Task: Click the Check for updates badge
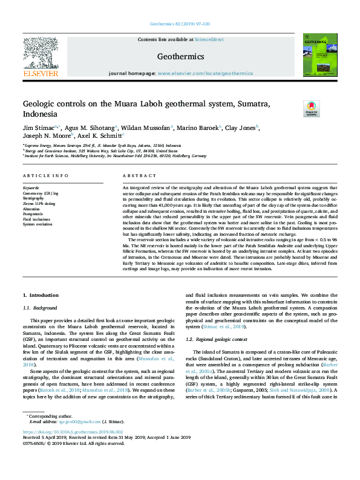311,109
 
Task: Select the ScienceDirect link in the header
209,39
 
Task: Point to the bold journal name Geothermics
180,56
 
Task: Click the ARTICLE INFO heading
45,176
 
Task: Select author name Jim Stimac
38,128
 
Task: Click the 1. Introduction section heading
41,295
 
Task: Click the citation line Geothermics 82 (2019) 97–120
180,24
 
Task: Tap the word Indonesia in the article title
40,114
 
